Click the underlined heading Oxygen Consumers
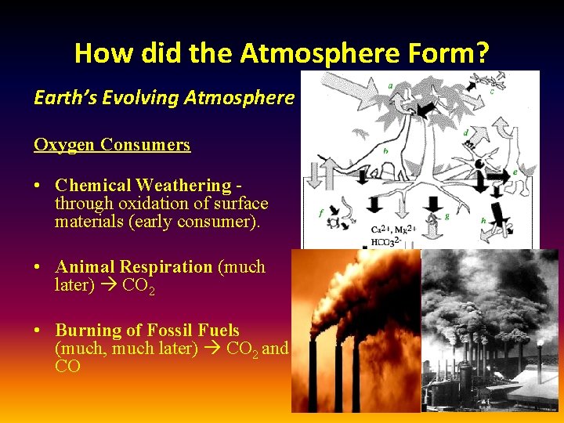coord(112,145)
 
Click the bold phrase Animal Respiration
coord(133,267)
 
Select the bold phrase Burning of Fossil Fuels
coord(147,331)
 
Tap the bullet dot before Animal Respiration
coord(38,268)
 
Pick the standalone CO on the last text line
coord(67,367)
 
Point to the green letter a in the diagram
coord(391,85)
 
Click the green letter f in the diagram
coord(320,212)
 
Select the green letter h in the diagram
coord(483,221)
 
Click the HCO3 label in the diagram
coord(385,241)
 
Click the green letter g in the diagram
coord(446,216)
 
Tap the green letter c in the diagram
coord(492,90)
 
